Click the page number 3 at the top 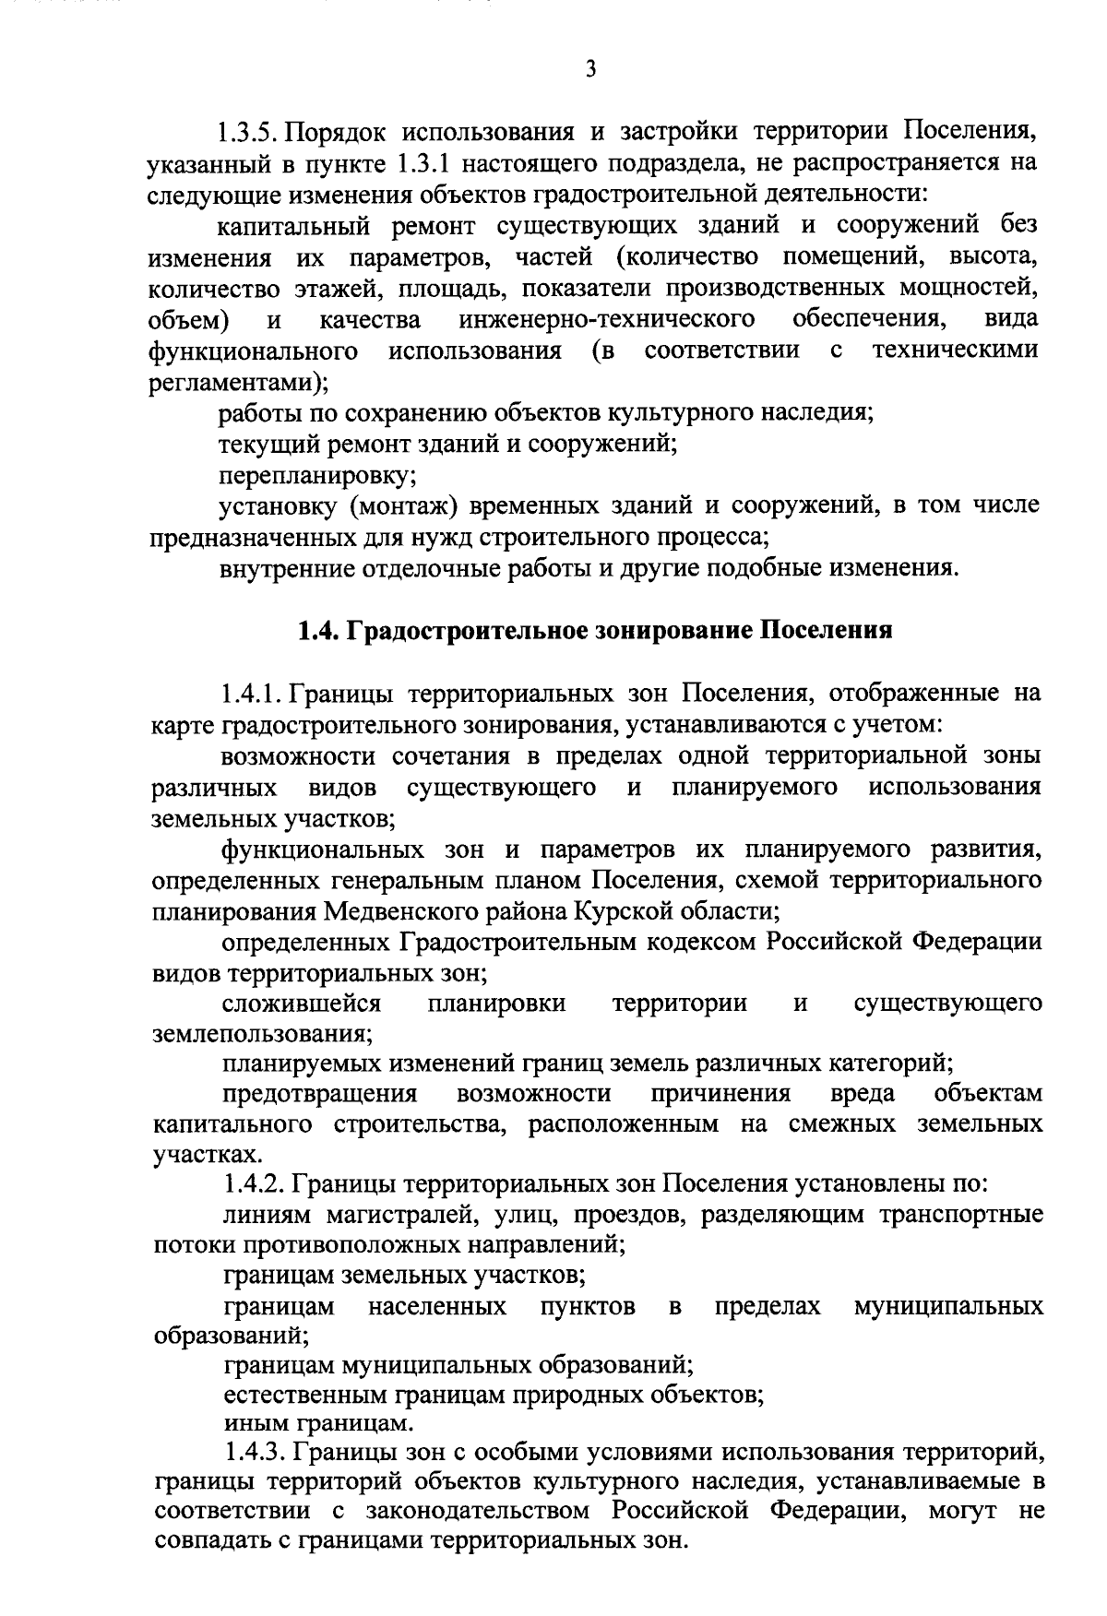pos(590,69)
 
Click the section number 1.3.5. pos(248,131)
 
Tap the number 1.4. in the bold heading pos(318,631)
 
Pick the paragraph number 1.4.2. pos(255,1184)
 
